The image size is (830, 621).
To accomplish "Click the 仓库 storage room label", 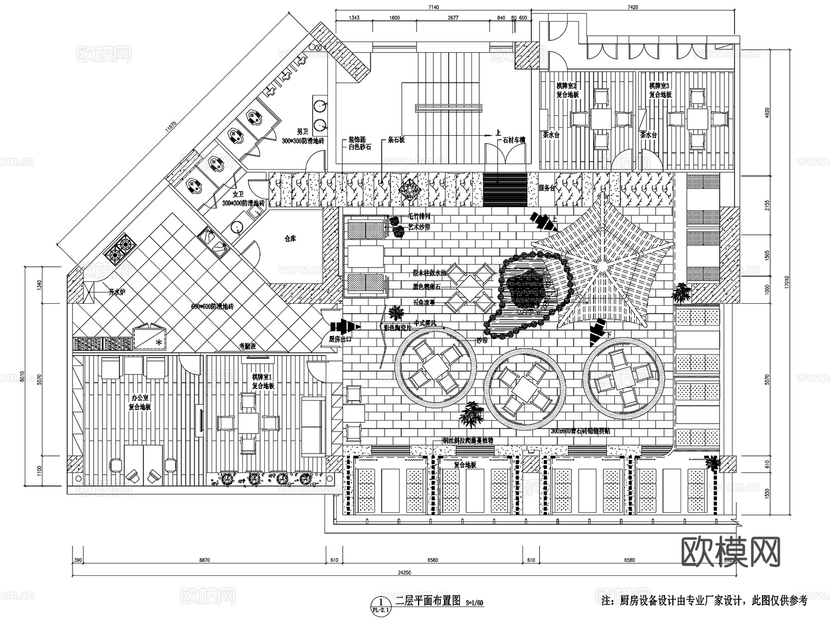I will click(290, 239).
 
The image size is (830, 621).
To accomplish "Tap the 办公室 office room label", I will click(140, 397).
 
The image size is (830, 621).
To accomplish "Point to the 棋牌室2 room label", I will click(567, 86).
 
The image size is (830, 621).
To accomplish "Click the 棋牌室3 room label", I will click(659, 86).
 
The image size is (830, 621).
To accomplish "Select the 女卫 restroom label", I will click(238, 195).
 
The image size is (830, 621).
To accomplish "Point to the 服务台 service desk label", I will click(547, 188).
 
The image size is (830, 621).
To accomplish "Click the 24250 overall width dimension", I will click(404, 573).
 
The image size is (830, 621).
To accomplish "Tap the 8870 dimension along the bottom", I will click(204, 560).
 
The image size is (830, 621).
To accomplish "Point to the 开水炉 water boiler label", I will click(117, 292).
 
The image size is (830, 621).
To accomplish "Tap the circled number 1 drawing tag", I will click(380, 602).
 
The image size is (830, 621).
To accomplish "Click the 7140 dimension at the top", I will click(433, 7).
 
